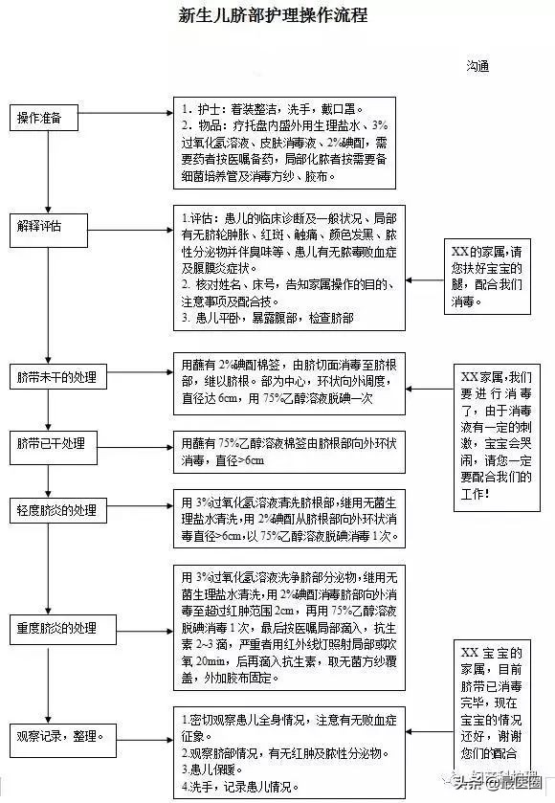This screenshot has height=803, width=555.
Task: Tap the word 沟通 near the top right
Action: tap(478, 66)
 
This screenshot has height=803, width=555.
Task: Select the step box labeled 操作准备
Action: tap(41, 118)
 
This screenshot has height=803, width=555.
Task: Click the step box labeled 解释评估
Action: tap(41, 227)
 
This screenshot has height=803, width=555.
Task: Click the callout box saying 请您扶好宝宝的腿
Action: tap(489, 278)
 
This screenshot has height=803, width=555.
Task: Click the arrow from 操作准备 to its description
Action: tap(122, 118)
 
